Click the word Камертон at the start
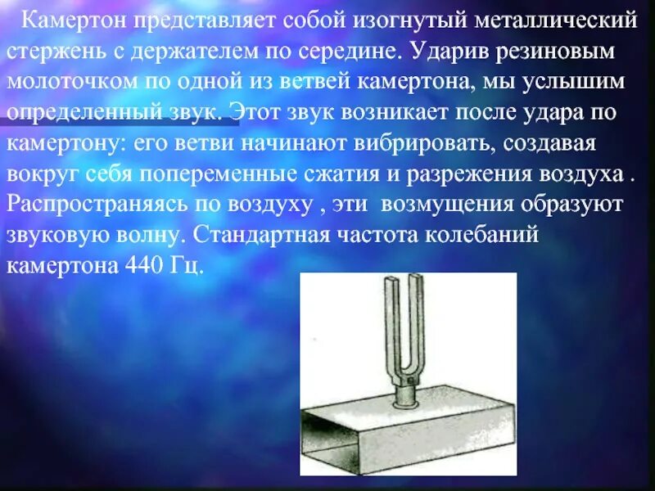pyautogui.click(x=69, y=17)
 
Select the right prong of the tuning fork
pyautogui.click(x=421, y=327)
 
